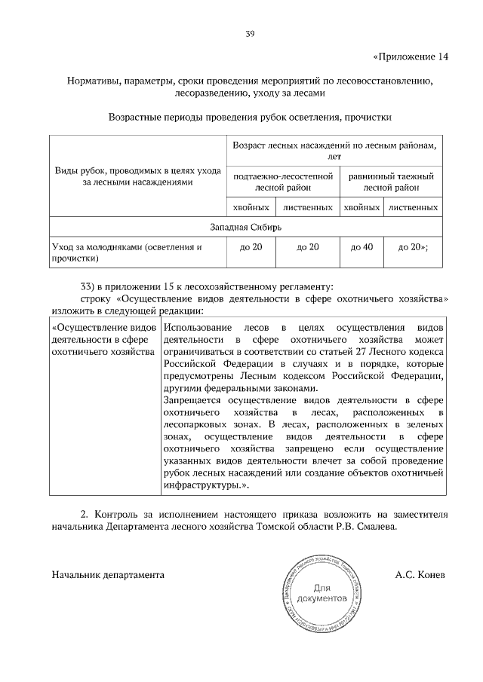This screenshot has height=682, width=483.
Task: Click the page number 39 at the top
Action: [249, 33]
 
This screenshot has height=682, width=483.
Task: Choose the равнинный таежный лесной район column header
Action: [390, 182]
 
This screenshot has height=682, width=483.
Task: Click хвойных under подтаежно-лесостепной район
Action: [251, 206]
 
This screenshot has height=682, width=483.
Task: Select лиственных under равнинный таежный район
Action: [414, 206]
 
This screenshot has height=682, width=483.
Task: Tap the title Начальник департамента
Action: [108, 574]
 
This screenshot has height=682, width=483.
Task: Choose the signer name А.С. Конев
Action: [420, 574]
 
